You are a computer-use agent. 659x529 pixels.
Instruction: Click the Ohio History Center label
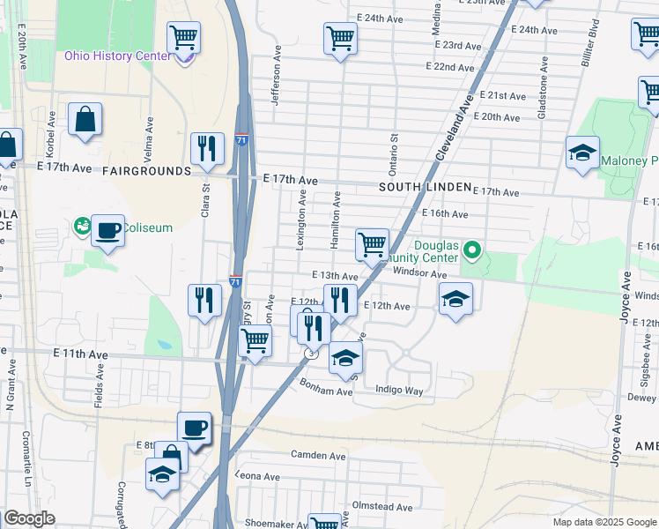coord(116,56)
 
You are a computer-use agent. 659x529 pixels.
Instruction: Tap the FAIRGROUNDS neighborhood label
coord(146,171)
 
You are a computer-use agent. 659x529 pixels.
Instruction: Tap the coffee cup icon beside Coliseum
coord(107,231)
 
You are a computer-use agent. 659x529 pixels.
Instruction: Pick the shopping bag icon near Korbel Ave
coord(85,120)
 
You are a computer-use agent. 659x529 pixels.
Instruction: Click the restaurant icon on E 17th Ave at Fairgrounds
coord(207,149)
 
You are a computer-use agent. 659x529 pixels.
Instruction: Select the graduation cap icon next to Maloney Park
coord(582,153)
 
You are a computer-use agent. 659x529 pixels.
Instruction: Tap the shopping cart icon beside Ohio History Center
coord(184,38)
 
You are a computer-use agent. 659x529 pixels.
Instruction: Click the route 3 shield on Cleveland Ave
coord(310,354)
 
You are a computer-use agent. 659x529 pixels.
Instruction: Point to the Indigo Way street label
coord(399,390)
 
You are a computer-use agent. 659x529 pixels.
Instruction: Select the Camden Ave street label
coord(319,456)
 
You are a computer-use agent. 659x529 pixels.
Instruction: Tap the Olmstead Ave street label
coord(381,507)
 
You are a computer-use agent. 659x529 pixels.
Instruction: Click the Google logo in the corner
coord(29,518)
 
